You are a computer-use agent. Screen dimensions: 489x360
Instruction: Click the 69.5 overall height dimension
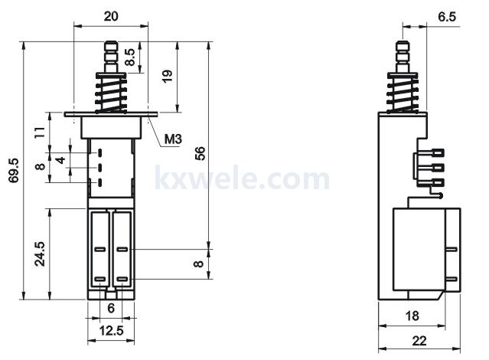[x=14, y=171]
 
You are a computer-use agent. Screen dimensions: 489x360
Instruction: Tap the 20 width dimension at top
[x=111, y=16]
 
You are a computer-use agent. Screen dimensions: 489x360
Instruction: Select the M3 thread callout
[x=173, y=139]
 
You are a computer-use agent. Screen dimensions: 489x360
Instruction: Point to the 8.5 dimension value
[x=130, y=57]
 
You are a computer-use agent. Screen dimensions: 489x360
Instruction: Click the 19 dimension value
[x=168, y=76]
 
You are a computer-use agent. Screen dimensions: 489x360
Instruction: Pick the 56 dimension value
[x=200, y=153]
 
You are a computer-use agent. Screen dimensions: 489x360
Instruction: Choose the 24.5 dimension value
[x=40, y=254]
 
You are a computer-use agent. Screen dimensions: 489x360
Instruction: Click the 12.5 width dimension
[x=111, y=330]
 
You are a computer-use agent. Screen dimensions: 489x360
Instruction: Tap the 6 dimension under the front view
[x=111, y=309]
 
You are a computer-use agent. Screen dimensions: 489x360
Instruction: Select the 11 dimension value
[x=40, y=133]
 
